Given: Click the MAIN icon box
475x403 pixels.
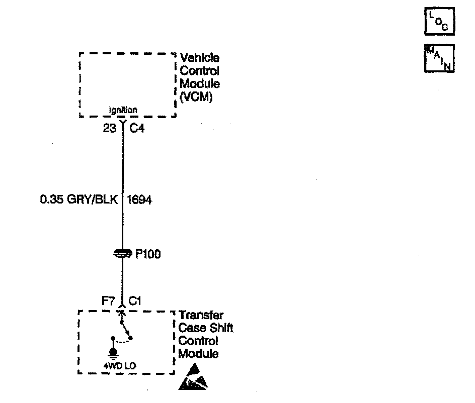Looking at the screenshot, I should (440, 58).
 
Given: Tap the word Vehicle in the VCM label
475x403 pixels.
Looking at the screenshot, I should (199, 58).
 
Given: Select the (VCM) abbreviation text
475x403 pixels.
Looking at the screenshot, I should (196, 97).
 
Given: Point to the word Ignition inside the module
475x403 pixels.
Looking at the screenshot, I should (123, 111).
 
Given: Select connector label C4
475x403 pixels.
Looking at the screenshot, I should (137, 129).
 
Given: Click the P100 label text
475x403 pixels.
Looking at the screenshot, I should (147, 254).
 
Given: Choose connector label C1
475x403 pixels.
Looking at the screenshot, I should (135, 301).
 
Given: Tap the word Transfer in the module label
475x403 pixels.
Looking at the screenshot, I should (201, 316).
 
